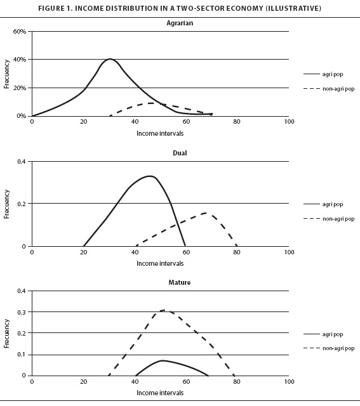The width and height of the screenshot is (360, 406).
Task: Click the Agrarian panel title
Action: coord(180,23)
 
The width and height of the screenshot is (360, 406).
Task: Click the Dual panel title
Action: coord(180,153)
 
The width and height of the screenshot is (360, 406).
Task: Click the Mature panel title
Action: coord(180,282)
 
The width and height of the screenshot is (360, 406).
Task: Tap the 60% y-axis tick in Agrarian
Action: coord(20,31)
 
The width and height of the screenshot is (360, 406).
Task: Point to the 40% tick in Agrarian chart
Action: coord(20,60)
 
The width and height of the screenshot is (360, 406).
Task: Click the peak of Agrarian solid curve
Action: coord(110,59)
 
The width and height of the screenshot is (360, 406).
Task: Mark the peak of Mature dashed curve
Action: coord(163,310)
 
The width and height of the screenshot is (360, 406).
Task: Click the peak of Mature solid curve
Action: coord(162,360)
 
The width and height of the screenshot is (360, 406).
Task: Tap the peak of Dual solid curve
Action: coord(150,176)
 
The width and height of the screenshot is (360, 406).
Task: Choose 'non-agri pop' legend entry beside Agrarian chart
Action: coord(329,89)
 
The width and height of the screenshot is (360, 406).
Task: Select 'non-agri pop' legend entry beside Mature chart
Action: coord(329,348)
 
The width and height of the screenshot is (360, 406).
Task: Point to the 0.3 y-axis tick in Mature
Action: coord(22,312)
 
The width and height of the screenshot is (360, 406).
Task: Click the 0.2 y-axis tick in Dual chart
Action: coord(22,204)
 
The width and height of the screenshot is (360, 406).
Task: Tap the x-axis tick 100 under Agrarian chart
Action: coord(289,121)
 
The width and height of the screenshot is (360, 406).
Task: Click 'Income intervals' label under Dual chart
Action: coord(160,263)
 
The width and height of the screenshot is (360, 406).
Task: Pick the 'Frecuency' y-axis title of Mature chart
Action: coord(6,334)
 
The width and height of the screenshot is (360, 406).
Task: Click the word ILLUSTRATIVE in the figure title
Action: coord(293,8)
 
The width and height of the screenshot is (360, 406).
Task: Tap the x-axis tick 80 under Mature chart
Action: coord(237,381)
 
